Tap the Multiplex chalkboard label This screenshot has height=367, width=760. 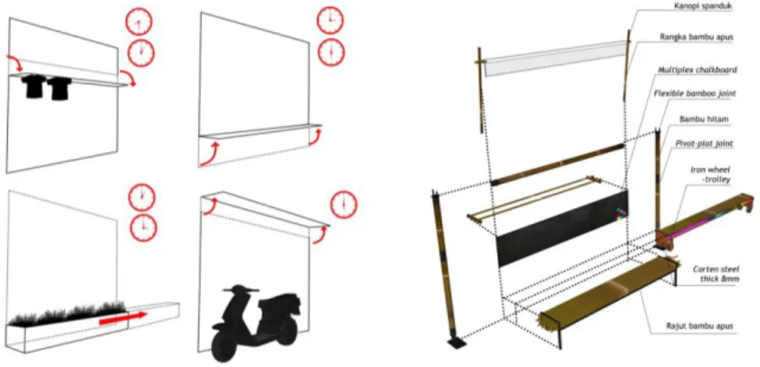(697, 69)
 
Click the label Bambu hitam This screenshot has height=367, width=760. (697, 119)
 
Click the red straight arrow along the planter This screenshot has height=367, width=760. (122, 318)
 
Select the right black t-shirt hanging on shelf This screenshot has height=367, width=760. (59, 88)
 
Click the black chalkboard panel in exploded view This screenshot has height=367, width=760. (562, 228)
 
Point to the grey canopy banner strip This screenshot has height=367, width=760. (553, 58)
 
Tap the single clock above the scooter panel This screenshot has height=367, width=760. (344, 205)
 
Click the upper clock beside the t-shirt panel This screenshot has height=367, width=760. (139, 23)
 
